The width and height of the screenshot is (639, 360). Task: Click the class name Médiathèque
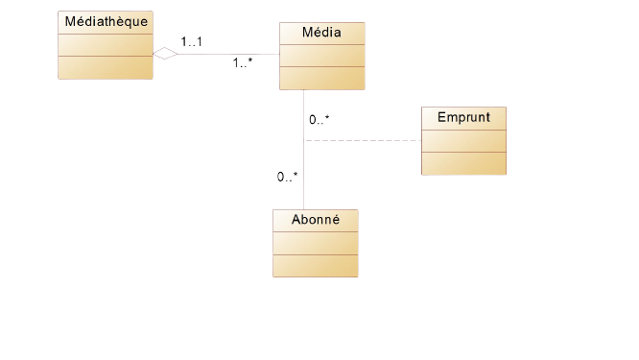click(106, 22)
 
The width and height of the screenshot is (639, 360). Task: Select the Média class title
click(322, 33)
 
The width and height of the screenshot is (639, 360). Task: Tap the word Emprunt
click(463, 117)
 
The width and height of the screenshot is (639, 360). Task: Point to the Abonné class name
click(316, 220)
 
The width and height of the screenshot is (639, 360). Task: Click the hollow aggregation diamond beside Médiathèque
click(165, 54)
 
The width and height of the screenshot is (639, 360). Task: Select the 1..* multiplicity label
click(244, 64)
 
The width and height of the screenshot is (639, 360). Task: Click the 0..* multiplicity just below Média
click(319, 120)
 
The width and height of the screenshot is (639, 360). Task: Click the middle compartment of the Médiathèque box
click(106, 45)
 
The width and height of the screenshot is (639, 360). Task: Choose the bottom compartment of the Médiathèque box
click(106, 67)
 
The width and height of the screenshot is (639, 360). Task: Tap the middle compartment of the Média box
click(322, 56)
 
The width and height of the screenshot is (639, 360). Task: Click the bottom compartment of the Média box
click(322, 78)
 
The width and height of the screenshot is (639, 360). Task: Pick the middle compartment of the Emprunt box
click(463, 139)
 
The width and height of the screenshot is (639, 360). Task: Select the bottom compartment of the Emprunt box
click(463, 163)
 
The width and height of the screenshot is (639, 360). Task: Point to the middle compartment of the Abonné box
click(316, 243)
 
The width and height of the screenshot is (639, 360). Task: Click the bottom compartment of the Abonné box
click(316, 265)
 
